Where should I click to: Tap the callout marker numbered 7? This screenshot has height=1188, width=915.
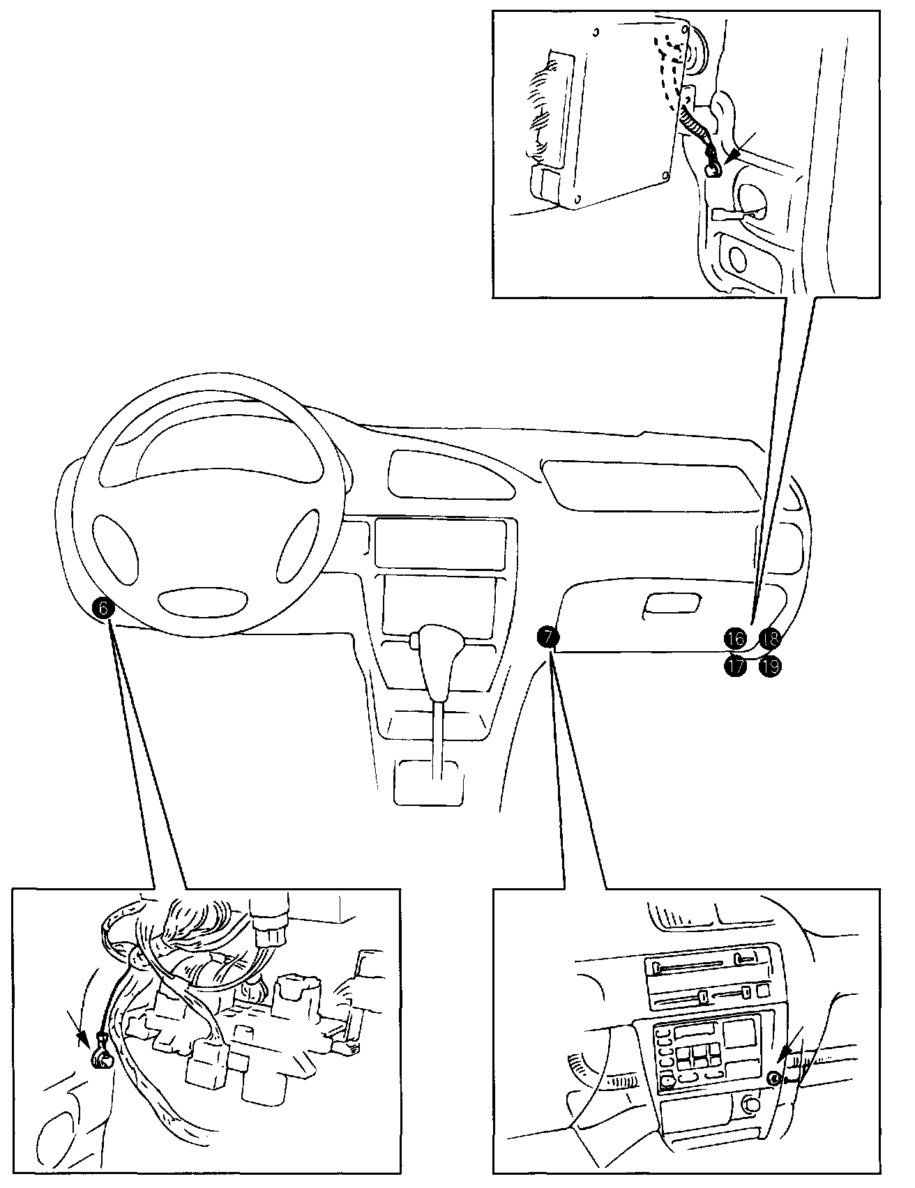pyautogui.click(x=547, y=637)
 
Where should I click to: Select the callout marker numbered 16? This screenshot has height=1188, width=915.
pyautogui.click(x=735, y=637)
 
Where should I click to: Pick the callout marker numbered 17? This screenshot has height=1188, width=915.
pyautogui.click(x=735, y=665)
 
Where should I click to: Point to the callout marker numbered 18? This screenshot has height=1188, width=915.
pyautogui.click(x=770, y=637)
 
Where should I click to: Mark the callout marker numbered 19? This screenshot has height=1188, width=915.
pyautogui.click(x=770, y=666)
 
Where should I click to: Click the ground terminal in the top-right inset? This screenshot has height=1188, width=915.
pyautogui.click(x=713, y=167)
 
